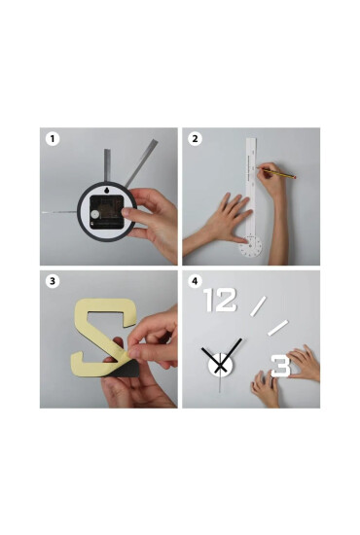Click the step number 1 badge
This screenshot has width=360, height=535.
coord(53,139)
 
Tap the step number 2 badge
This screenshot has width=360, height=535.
coord(195,139)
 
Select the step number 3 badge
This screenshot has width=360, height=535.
coord(53,281)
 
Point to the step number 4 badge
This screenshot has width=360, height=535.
coord(195,281)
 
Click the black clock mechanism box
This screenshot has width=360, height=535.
coord(106,212)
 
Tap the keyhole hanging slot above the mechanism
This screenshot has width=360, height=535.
coord(106,190)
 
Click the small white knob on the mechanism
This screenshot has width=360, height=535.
coord(95,214)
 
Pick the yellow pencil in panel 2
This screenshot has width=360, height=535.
coord(275,172)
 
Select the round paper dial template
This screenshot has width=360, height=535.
coord(251,246)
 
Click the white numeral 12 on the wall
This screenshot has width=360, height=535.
coord(220,300)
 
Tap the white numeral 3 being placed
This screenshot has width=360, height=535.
coord(281,366)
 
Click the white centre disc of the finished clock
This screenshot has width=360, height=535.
coord(221,366)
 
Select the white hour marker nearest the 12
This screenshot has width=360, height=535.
coord(258,306)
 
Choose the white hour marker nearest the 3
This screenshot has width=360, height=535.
coord(277,328)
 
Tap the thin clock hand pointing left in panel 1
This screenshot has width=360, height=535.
coord(59,212)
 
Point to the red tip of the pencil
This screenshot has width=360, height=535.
coord(295,177)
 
